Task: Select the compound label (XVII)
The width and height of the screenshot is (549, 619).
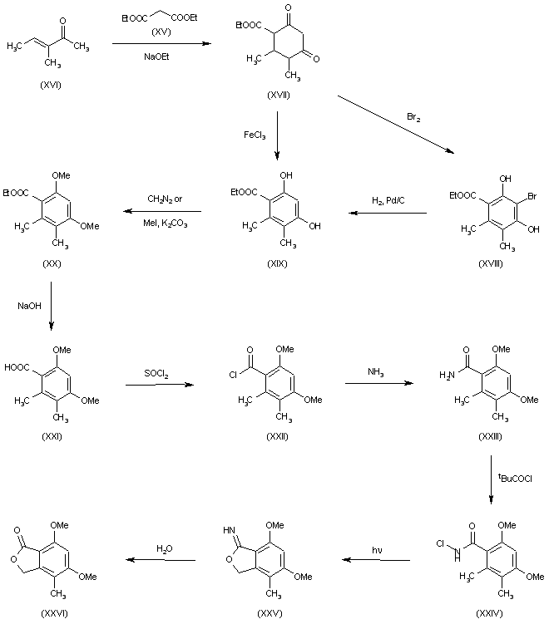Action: pos(278,97)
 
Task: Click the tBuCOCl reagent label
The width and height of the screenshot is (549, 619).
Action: pos(514,476)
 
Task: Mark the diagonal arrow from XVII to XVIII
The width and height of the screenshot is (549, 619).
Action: pos(395,125)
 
